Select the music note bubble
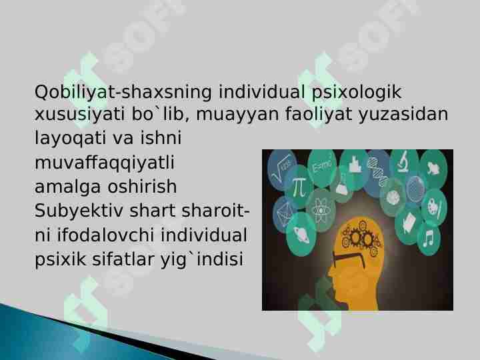click(427, 237)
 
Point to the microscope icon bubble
click(404, 163)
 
